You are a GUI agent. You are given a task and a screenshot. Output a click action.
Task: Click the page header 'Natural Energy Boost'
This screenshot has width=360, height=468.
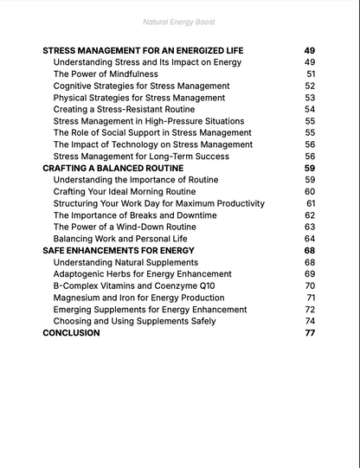179,21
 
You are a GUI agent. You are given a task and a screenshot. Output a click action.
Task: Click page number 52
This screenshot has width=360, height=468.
310,87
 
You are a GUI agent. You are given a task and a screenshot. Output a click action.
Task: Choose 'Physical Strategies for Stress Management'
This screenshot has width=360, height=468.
138,98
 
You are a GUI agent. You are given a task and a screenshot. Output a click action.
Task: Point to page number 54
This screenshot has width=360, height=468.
310,110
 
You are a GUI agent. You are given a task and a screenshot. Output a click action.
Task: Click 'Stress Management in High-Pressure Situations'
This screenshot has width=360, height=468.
148,121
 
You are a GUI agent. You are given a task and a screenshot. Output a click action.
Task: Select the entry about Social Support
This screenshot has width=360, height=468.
152,133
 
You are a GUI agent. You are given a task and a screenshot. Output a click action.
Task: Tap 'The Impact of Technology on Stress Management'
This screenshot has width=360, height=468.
152,144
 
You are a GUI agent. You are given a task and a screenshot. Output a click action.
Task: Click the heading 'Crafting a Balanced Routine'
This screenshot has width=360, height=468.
112,168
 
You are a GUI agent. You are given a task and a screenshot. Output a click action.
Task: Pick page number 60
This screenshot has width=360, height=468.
310,191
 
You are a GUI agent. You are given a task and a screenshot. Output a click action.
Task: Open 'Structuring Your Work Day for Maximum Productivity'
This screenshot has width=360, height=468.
158,203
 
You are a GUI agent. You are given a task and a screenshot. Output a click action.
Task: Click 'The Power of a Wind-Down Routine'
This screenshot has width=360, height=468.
124,227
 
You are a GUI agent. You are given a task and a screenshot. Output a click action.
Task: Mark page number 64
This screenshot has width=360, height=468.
310,239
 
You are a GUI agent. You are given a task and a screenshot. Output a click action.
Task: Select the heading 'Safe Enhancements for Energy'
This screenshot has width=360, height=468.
119,250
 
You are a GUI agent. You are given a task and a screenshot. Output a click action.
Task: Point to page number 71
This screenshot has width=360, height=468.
311,298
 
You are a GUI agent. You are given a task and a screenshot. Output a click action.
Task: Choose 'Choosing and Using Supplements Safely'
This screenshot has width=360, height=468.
134,321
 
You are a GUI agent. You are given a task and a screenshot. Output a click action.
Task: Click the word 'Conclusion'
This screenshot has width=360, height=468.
71,332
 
